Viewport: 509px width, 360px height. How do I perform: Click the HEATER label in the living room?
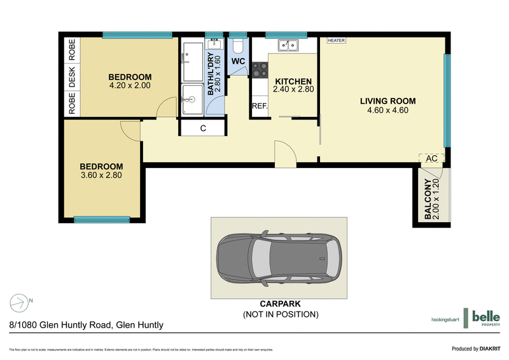point(336,40)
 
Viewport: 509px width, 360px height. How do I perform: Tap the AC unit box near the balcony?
point(431,158)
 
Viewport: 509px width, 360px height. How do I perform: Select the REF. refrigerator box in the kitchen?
point(260,107)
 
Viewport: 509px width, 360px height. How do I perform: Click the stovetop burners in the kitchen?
point(260,69)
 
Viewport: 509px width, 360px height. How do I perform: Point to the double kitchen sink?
point(288,45)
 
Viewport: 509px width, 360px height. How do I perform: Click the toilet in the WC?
point(237,46)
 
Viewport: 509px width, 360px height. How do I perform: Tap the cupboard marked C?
point(202,128)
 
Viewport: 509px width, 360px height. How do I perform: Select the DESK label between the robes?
point(72,77)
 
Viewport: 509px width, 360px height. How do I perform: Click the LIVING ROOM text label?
point(387,101)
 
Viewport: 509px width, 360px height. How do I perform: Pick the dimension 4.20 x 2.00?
point(130,86)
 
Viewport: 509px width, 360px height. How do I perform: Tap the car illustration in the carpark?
point(279,258)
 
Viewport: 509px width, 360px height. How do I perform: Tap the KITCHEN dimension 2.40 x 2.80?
point(293,90)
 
